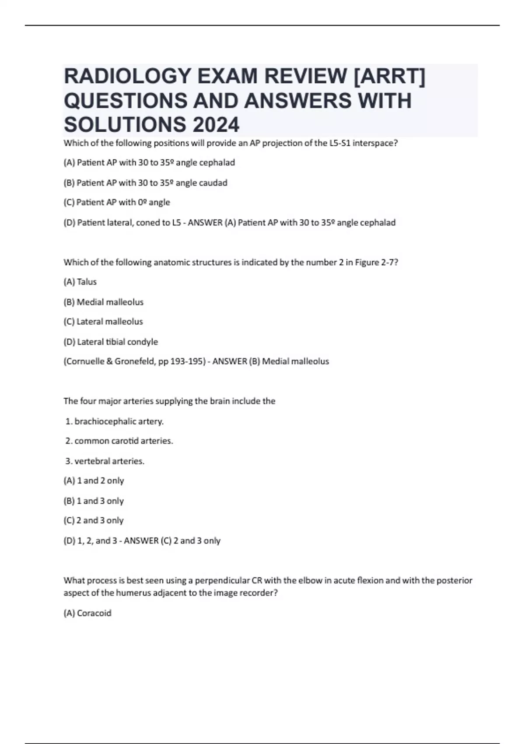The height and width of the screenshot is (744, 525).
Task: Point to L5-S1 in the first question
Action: (x=339, y=143)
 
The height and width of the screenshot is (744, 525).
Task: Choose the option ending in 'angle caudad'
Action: (x=145, y=182)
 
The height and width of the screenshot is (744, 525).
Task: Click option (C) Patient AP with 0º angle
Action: (x=116, y=202)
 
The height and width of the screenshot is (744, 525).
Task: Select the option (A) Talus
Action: (x=80, y=282)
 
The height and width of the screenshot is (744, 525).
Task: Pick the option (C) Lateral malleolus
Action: (x=103, y=322)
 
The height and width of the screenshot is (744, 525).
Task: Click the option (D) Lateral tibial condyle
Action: (x=111, y=342)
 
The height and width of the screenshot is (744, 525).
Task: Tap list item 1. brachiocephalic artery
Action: (x=115, y=421)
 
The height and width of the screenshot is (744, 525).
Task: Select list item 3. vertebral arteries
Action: (x=105, y=461)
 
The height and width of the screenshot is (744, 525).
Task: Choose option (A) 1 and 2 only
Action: (x=94, y=481)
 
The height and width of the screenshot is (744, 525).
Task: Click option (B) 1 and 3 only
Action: (x=94, y=501)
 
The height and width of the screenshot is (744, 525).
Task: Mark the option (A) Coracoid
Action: (x=87, y=613)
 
